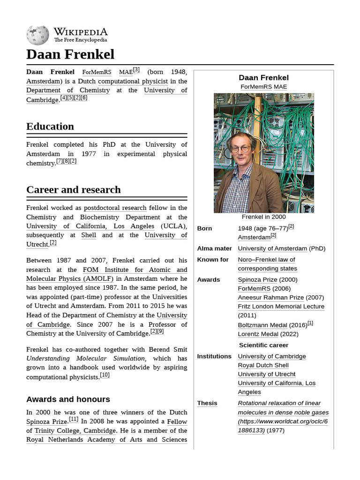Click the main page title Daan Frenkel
point(70,54)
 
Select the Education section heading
point(50,127)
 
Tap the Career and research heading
point(74,190)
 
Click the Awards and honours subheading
point(68,399)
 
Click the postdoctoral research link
point(115,208)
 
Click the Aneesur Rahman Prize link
point(271,297)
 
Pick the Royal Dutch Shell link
point(263,365)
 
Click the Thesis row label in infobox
point(207,403)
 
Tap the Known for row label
point(213,260)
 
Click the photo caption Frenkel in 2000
point(263,217)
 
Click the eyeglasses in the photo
point(240,149)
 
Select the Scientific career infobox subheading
point(263,345)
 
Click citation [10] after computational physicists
point(105,375)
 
